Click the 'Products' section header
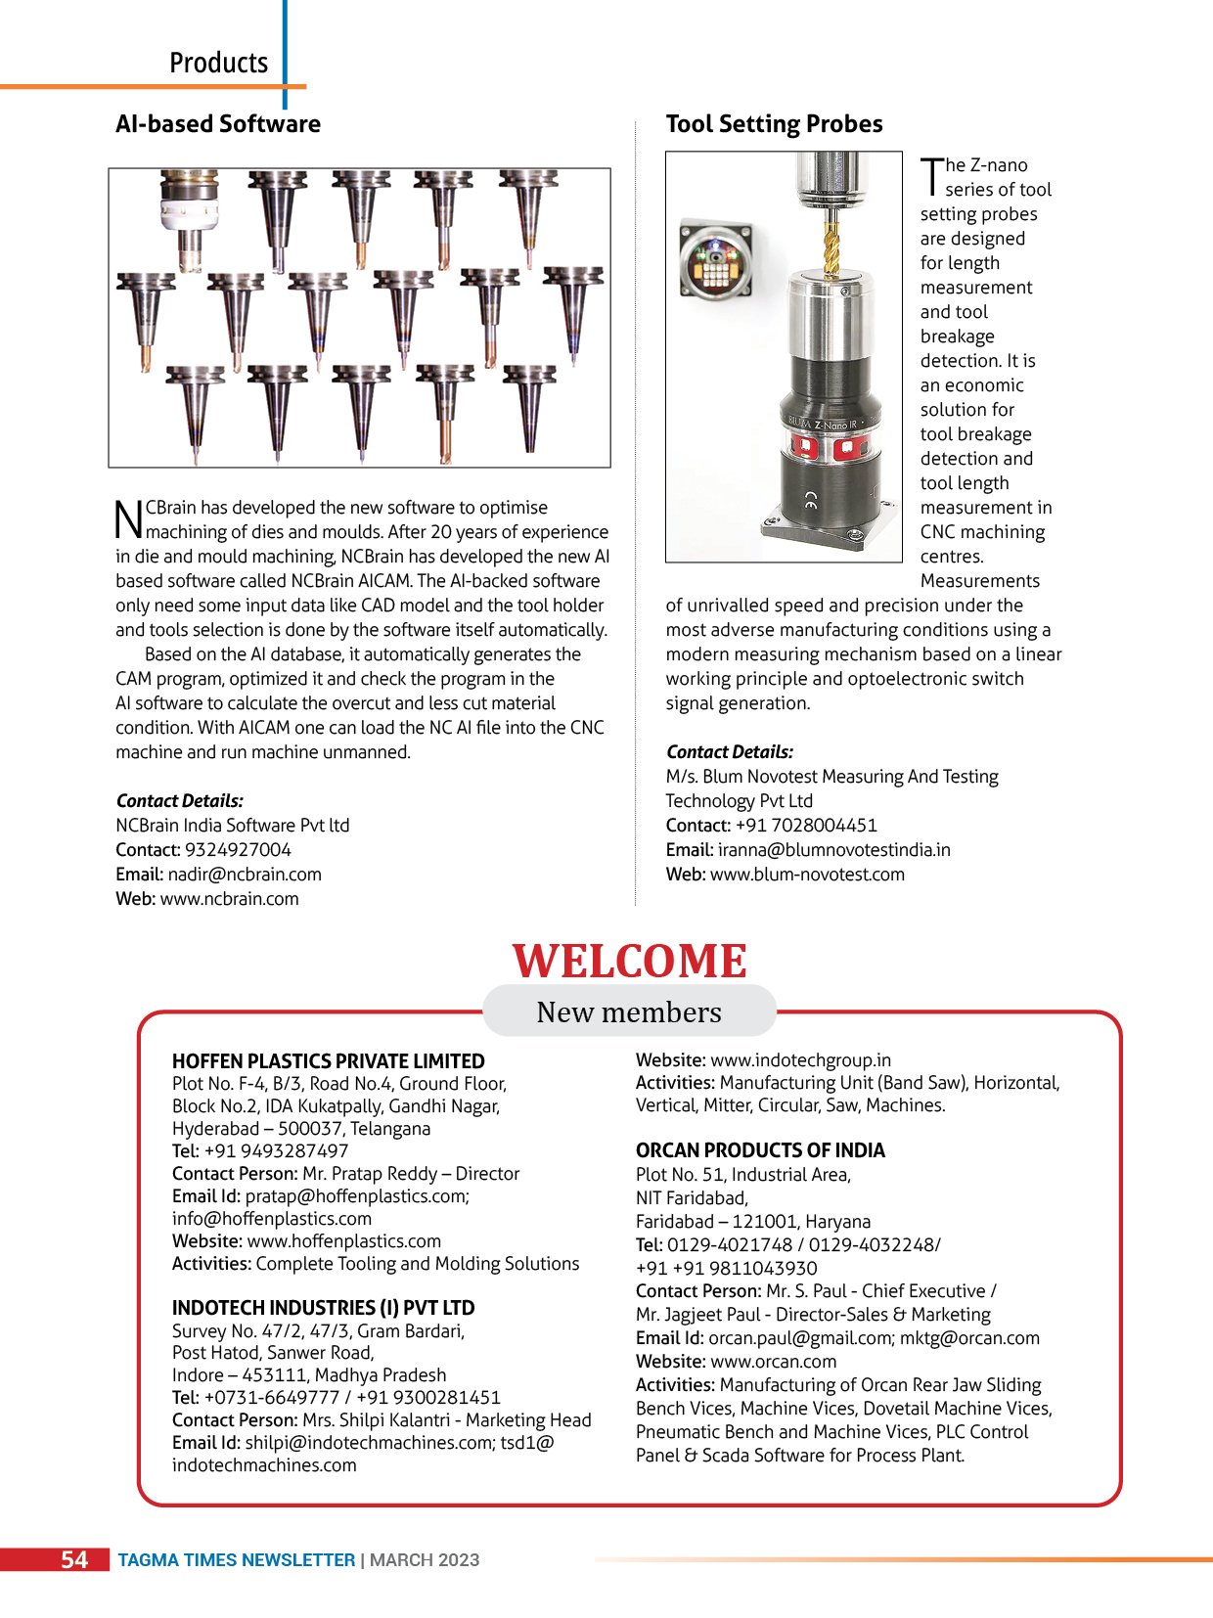[218, 63]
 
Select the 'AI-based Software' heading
[217, 124]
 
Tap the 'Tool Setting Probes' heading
[774, 124]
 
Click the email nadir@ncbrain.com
[244, 875]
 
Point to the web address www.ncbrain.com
[229, 899]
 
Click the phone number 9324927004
[238, 850]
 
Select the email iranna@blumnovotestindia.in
[833, 850]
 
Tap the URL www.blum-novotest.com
[807, 875]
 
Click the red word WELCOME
[629, 962]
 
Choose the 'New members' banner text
[629, 1012]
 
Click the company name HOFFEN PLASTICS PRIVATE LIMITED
[328, 1061]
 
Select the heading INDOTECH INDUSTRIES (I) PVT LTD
[323, 1308]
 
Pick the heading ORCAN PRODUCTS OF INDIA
[760, 1150]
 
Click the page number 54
[74, 1559]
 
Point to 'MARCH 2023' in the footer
[425, 1560]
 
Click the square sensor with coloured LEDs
[716, 258]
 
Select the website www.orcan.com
[773, 1362]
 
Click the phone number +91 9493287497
[276, 1151]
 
